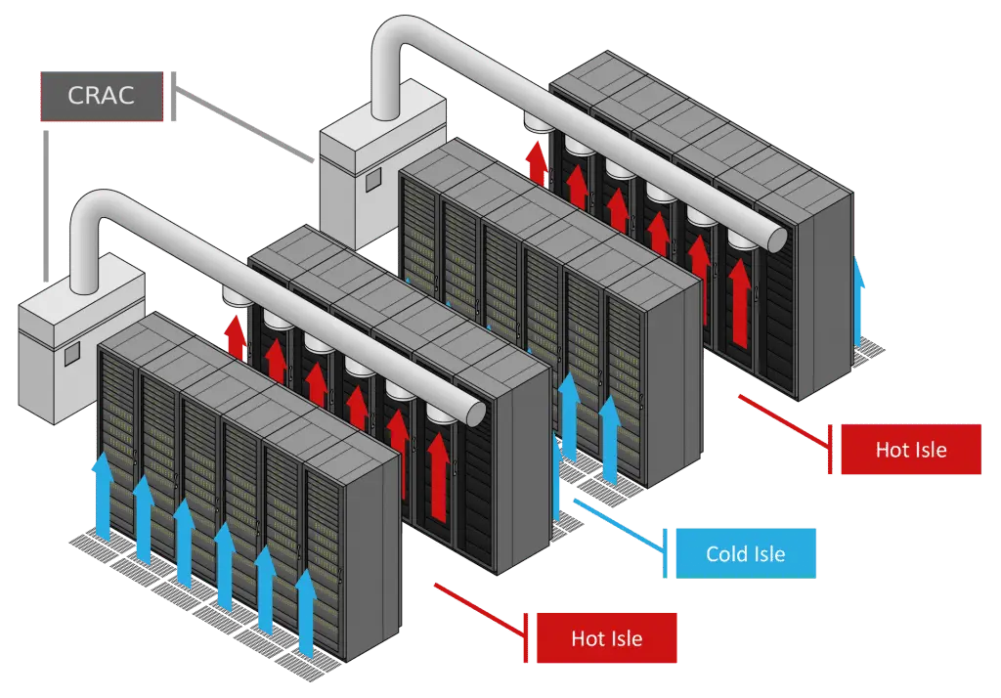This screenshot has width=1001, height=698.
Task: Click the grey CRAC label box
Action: (102, 96)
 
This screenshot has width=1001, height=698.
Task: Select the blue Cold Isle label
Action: (746, 553)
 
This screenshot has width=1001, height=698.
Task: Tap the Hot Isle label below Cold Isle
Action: (606, 638)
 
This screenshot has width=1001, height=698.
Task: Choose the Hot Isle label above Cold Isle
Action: (911, 450)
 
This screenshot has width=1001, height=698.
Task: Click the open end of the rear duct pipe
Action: (778, 239)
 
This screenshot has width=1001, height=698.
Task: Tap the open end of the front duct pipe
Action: (475, 414)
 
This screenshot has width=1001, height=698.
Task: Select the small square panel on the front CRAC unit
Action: (70, 353)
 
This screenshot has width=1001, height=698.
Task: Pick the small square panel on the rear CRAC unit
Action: (372, 180)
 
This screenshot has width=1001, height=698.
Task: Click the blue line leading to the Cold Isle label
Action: (619, 524)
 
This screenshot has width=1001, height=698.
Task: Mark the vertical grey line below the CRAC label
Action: (46, 205)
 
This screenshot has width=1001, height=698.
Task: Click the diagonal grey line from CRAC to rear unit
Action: (243, 126)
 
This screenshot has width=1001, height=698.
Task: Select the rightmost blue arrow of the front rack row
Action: (306, 614)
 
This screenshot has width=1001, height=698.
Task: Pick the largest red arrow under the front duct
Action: (438, 477)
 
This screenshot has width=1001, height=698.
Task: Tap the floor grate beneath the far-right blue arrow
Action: (867, 349)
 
